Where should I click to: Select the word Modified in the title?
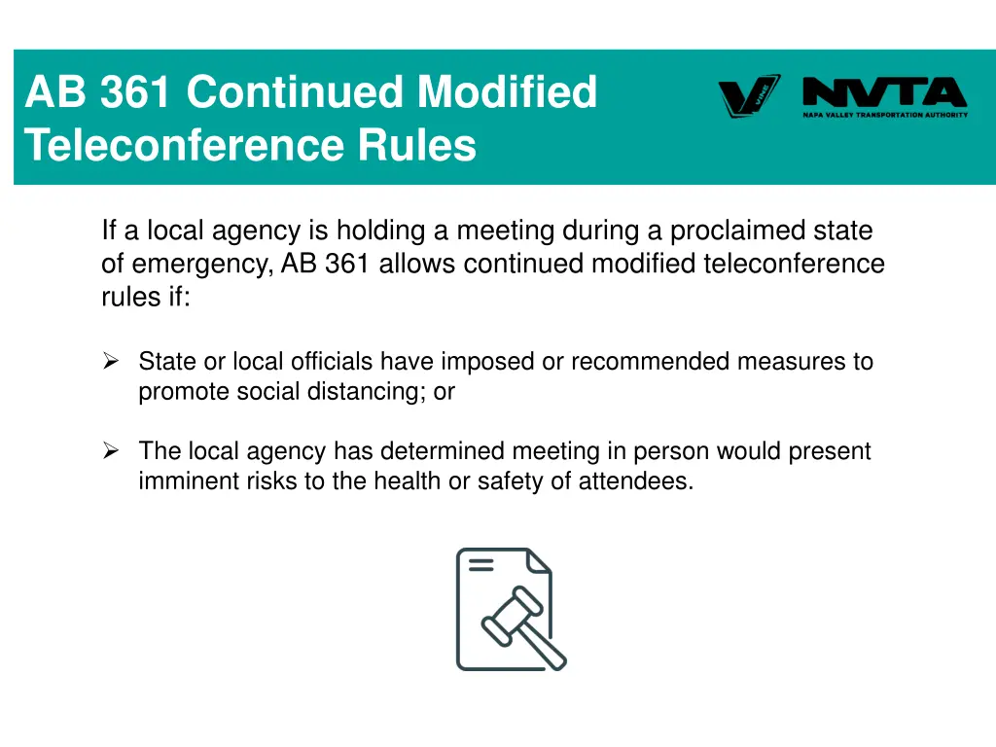(507, 93)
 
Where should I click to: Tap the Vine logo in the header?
(749, 95)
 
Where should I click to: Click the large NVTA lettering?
(884, 93)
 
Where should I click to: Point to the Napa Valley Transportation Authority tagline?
(885, 115)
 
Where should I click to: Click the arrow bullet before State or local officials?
(111, 362)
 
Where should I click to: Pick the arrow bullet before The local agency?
(111, 451)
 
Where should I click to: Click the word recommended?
(650, 362)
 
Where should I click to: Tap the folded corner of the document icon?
(538, 562)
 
